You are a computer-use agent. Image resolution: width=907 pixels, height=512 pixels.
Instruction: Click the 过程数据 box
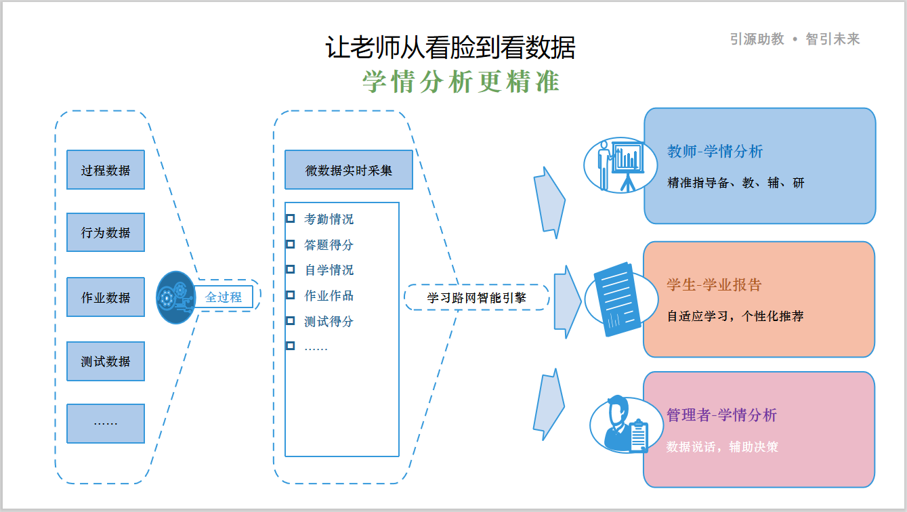tap(106, 170)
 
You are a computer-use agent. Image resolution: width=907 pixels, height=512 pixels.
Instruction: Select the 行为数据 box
tap(106, 232)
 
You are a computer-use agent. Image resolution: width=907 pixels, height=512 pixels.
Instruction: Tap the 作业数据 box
tap(106, 297)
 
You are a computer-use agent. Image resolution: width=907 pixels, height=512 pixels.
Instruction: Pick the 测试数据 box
tap(106, 361)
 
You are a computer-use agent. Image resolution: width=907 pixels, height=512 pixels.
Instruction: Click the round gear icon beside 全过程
tap(175, 297)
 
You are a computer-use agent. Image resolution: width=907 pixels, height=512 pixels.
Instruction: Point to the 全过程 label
tap(224, 297)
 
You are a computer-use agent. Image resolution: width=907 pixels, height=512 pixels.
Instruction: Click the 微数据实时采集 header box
tap(348, 170)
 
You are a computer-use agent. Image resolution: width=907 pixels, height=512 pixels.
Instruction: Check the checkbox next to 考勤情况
tap(291, 219)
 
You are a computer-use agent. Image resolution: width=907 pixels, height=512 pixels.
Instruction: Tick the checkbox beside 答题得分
tap(291, 244)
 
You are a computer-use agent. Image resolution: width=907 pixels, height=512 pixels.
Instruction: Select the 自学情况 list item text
tap(329, 270)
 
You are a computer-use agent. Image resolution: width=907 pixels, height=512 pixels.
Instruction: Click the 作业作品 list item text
tap(329, 295)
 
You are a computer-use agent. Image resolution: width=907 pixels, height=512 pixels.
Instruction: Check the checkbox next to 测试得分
tap(291, 320)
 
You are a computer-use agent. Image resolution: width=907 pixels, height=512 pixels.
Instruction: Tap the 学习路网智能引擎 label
tap(477, 297)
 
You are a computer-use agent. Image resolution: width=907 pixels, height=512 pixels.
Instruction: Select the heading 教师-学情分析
tap(715, 151)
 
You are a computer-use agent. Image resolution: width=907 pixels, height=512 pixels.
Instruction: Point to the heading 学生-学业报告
tap(714, 284)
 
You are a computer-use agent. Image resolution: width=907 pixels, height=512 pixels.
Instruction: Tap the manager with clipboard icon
tap(620, 425)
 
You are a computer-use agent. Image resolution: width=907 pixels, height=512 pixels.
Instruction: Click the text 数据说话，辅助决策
tap(722, 447)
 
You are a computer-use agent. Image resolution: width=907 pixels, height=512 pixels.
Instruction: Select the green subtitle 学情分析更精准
tap(461, 82)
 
